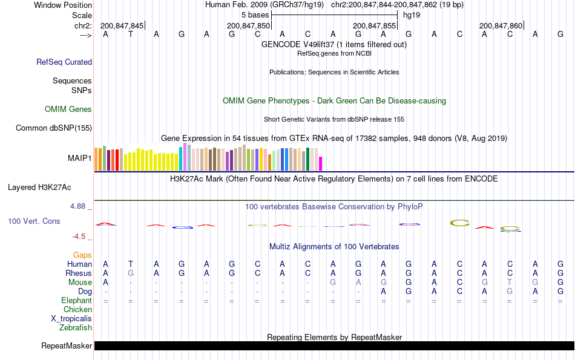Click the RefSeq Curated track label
(x=64, y=62)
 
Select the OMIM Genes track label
(x=68, y=109)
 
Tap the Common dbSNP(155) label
(x=54, y=128)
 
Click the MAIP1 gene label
(x=80, y=159)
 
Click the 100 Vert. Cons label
(x=34, y=221)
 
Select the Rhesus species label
(x=79, y=273)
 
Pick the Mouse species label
(x=80, y=282)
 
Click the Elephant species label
(x=77, y=300)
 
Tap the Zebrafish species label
(x=76, y=327)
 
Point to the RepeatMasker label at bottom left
(x=67, y=346)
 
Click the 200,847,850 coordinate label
(x=248, y=25)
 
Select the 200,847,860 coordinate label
(x=501, y=25)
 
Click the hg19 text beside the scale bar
(x=412, y=15)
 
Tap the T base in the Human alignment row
(x=131, y=264)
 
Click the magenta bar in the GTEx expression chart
(x=321, y=163)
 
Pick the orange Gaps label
(x=82, y=255)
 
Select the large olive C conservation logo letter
(x=460, y=223)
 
